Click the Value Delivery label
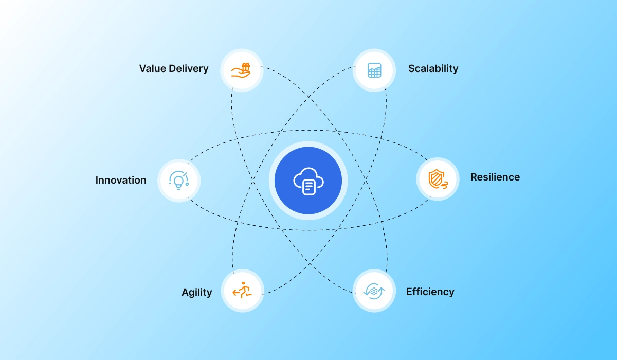[174, 68]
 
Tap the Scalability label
[433, 68]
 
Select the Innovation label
[121, 180]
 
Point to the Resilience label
[495, 177]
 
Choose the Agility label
[196, 292]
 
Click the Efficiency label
[430, 292]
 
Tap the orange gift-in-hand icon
[241, 70]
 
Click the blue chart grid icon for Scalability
[374, 70]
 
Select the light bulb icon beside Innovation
[178, 180]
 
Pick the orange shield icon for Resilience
[437, 178]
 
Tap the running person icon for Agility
[242, 291]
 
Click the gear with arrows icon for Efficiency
[374, 291]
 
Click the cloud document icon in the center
[308, 181]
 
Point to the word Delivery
[190, 68]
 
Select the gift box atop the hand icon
[246, 66]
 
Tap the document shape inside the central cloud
[308, 187]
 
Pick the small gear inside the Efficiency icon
[374, 292]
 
